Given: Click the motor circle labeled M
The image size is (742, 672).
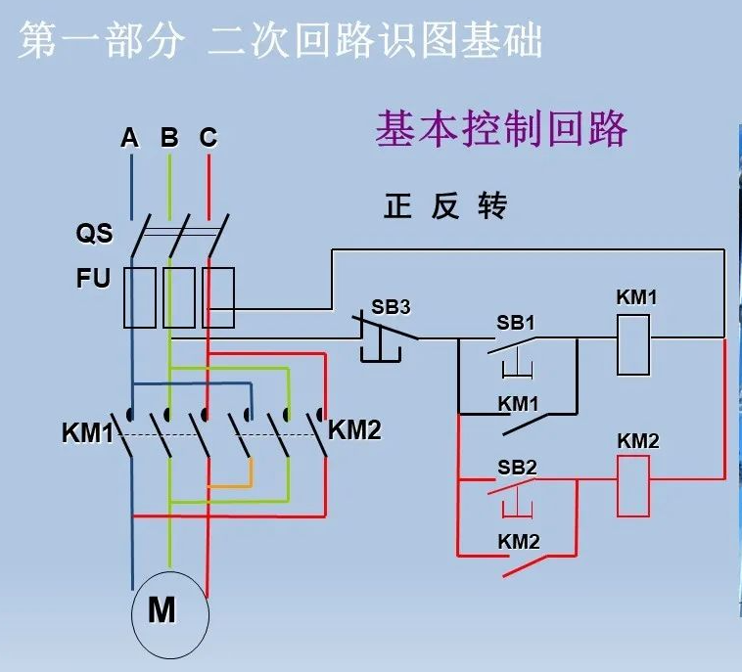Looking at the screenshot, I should pos(170,613).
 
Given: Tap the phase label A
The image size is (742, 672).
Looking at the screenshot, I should pos(130,138).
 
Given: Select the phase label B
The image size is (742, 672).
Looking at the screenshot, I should pos(169,138).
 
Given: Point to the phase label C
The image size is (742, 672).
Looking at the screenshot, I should pos(208,138).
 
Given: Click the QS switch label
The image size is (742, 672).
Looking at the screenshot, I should pos(94,235).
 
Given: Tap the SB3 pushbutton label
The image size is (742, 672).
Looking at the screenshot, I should pos(391,306).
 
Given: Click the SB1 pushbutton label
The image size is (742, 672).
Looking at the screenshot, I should pos(516,323).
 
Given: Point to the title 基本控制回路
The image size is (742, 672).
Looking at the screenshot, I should pos(500,129).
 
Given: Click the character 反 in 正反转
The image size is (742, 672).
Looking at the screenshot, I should pos(445,206).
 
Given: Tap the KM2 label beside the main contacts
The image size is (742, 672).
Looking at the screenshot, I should pos(354,429).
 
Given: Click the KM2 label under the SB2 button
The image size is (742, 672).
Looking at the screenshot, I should pos(518,541).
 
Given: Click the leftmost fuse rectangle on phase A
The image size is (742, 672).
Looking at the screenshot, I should pos(139,296).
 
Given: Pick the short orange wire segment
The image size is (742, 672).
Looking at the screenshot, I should pos(231,485).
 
